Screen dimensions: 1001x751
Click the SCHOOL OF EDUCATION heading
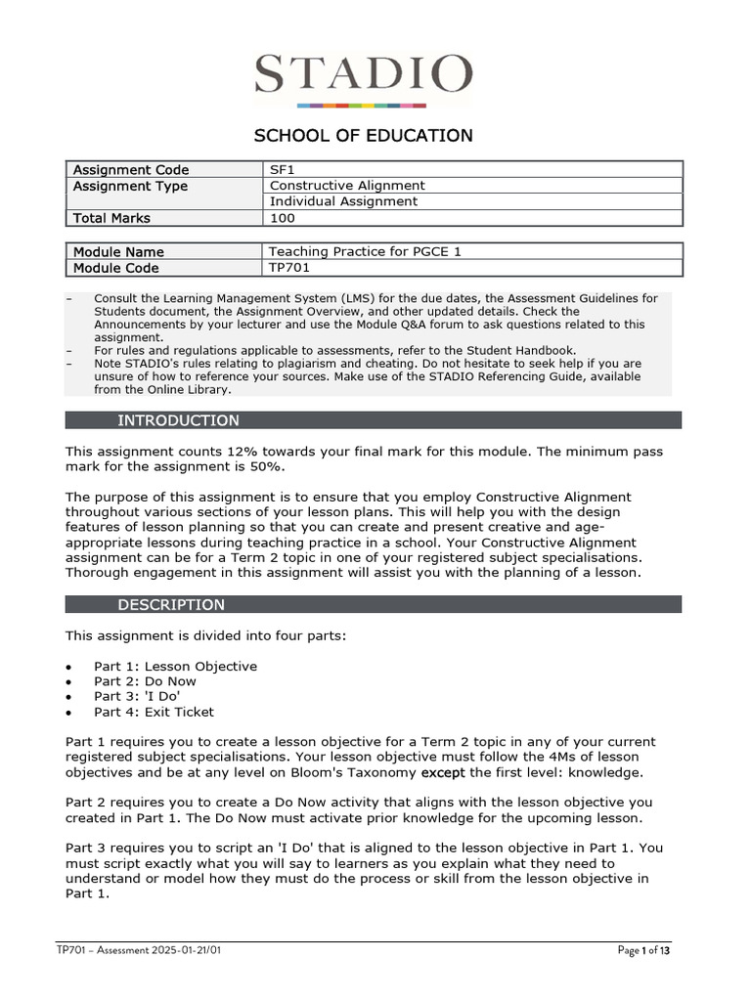pos(364,136)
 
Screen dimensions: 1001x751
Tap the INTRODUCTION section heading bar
pos(373,420)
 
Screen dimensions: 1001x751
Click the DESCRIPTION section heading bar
pos(373,604)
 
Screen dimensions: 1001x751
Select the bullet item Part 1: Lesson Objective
pos(175,667)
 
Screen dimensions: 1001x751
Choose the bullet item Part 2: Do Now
pos(145,681)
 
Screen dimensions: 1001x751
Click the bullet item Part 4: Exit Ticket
pos(154,713)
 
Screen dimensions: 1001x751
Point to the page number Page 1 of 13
pos(644,951)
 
